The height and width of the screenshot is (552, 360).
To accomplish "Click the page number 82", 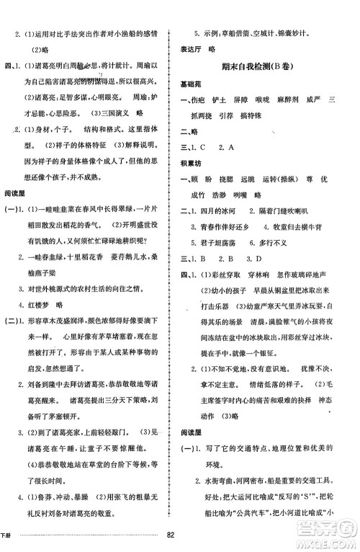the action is [x=171, y=534].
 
